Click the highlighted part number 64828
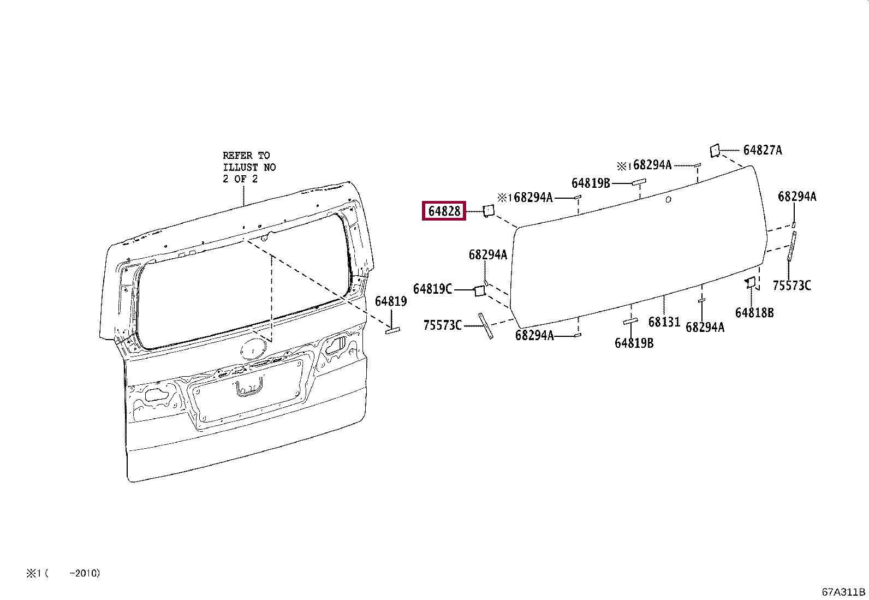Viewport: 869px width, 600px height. (x=444, y=211)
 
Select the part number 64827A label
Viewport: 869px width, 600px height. (x=763, y=150)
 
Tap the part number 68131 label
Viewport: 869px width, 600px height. (x=664, y=322)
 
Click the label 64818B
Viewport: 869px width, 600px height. (x=754, y=313)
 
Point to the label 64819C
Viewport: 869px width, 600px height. (x=432, y=289)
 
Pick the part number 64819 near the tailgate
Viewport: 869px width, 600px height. (x=390, y=301)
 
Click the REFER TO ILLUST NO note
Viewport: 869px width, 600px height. (x=249, y=167)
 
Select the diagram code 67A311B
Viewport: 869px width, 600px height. (x=843, y=592)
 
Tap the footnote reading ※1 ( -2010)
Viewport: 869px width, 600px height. (x=62, y=573)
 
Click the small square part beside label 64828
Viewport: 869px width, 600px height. (x=487, y=210)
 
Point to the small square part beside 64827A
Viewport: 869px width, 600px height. (x=715, y=150)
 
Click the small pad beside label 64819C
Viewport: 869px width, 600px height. (x=479, y=290)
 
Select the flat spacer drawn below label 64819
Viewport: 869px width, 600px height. (x=393, y=330)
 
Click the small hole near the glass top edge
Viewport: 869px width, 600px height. (x=669, y=200)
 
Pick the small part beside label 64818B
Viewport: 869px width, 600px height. (x=751, y=282)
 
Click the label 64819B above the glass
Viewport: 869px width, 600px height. (x=591, y=183)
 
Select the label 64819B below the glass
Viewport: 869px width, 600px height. (x=634, y=343)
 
